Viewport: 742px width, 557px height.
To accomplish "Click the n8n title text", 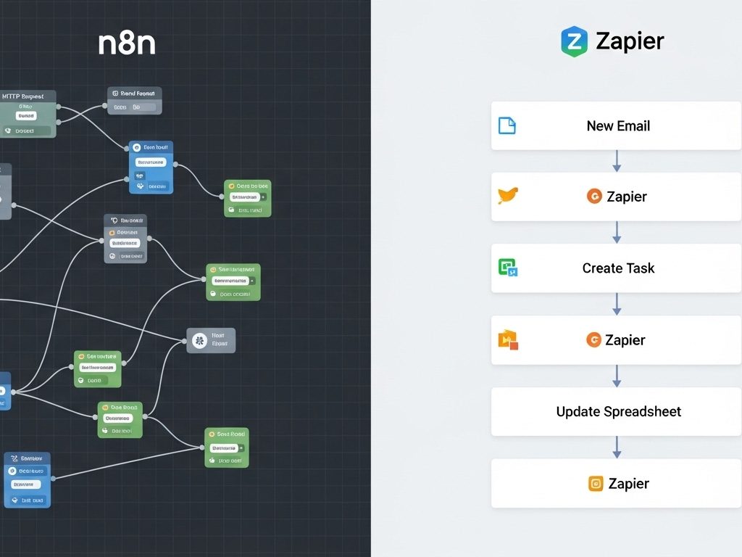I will pos(127,44).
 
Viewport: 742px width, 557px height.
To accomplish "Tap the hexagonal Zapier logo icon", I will pos(574,41).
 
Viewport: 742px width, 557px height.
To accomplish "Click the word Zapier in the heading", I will pos(630,41).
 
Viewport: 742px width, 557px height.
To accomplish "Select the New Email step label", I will pos(618,126).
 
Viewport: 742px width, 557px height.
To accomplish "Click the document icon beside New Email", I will pos(507,125).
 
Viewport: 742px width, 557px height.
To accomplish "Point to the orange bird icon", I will pos(508,196).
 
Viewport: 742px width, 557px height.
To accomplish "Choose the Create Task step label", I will pos(618,268).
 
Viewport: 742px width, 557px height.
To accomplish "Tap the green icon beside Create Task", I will pos(508,268).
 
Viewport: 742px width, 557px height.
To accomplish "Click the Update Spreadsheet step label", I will pos(618,412).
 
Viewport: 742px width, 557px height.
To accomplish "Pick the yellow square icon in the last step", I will pos(596,484).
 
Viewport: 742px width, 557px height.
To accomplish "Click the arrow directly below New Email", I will pos(617,161).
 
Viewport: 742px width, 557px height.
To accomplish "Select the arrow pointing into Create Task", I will pos(617,232).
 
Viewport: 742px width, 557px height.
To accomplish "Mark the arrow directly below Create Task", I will pos(617,304).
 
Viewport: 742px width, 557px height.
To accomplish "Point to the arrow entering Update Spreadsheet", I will pos(617,376).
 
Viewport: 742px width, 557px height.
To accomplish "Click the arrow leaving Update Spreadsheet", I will pos(617,447).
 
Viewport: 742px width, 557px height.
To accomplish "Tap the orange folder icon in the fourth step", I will pos(508,339).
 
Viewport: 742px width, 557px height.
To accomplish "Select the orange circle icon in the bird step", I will pos(594,197).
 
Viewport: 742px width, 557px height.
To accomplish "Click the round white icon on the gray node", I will pos(200,340).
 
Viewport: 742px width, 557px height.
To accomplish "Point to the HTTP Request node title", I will pos(22,96).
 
